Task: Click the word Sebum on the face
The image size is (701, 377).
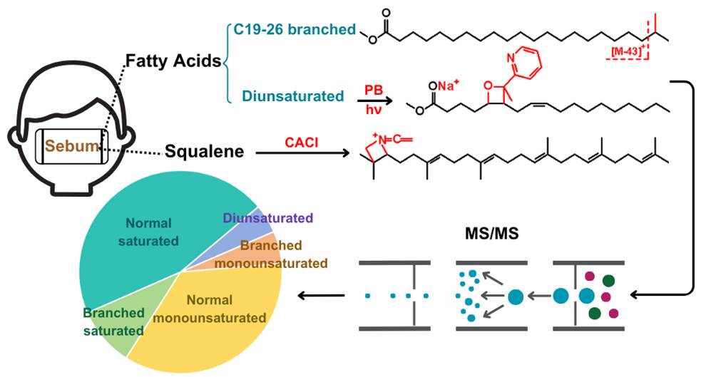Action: point(70,148)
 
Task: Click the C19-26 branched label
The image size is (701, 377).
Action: point(294,29)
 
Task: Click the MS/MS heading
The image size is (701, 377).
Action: point(485,234)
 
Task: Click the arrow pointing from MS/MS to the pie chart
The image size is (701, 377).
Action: point(321,294)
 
